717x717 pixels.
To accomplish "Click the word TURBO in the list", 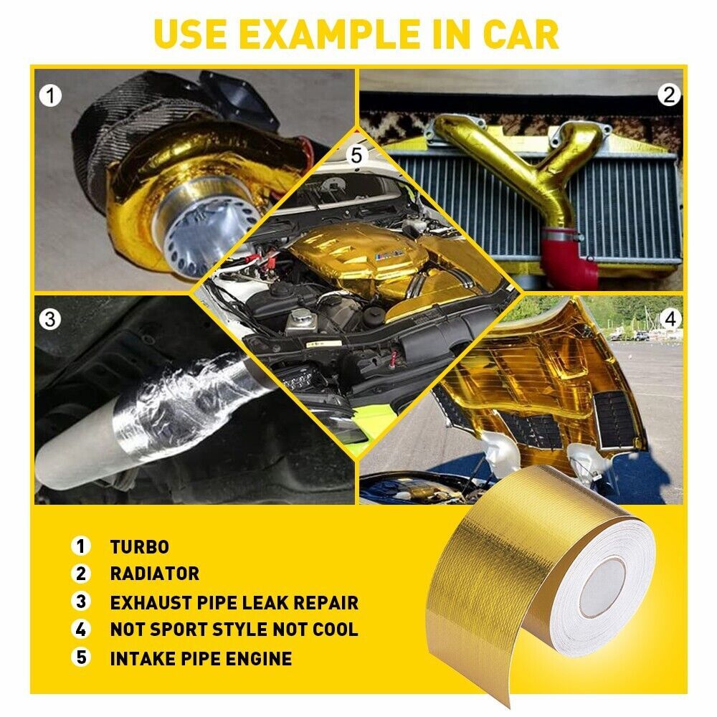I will [139, 546].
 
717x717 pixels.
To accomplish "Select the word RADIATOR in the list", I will [154, 574].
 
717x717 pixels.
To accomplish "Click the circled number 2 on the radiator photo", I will [668, 94].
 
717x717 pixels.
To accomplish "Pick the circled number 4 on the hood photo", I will [670, 318].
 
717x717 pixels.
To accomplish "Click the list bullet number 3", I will [81, 602].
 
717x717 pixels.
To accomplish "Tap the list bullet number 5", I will [81, 658].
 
